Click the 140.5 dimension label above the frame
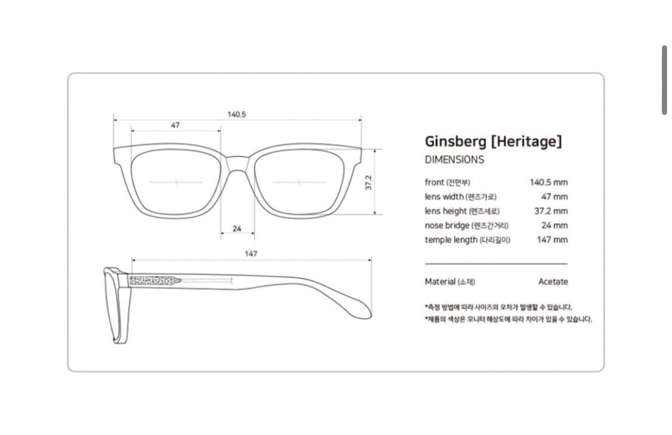coord(237,115)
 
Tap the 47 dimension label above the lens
coord(175,125)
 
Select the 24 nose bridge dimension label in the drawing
coord(237,229)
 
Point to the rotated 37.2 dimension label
coord(369,182)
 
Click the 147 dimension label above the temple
coord(251,254)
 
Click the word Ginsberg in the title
coord(456,142)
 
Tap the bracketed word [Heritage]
coord(526,141)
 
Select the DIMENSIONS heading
coord(455,160)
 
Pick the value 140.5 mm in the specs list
coord(548,182)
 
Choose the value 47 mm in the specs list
coord(554,197)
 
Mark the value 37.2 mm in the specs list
coord(551,211)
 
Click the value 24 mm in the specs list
coord(554,225)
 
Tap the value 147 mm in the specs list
coord(553,240)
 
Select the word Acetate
coord(553,281)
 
